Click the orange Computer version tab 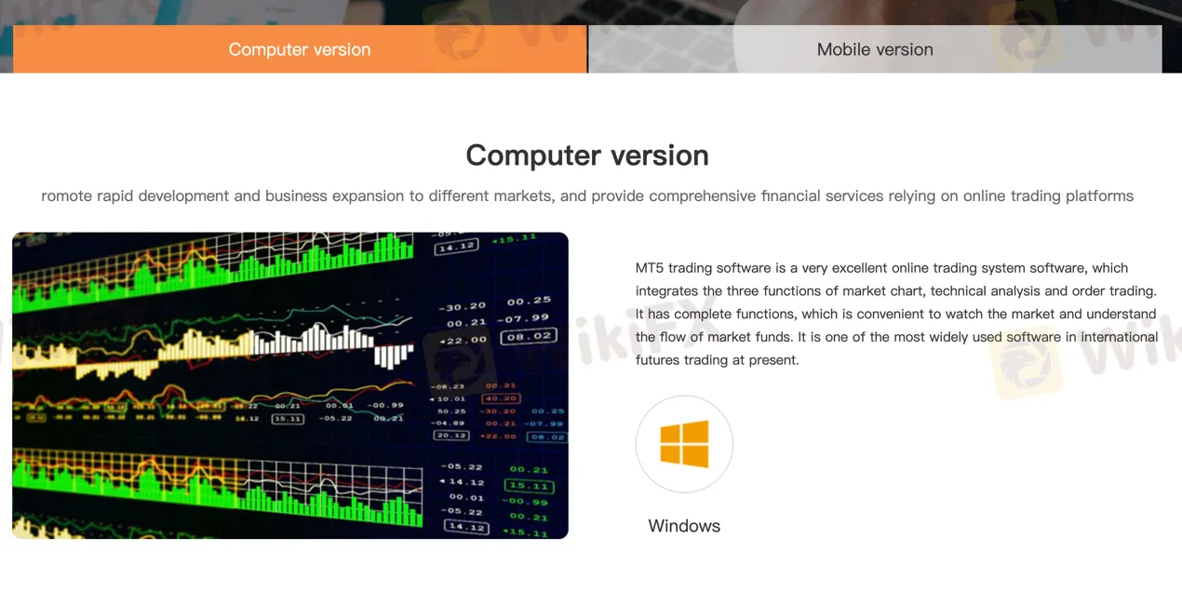[300, 49]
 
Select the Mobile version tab [875, 49]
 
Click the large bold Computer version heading [587, 155]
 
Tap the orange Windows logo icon [684, 444]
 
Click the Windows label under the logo [684, 526]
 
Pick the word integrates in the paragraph [667, 291]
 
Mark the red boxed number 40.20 [501, 398]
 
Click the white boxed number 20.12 [450, 436]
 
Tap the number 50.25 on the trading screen [451, 411]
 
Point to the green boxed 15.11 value [528, 486]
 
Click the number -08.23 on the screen [448, 386]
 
